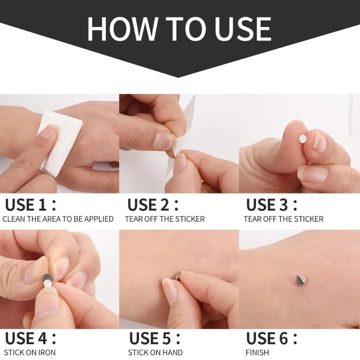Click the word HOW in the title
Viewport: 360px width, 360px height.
[122, 29]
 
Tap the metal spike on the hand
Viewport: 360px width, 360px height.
[300, 279]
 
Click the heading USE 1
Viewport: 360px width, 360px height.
[30, 205]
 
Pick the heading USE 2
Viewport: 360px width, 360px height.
[153, 205]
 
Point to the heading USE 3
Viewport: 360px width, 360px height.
[272, 205]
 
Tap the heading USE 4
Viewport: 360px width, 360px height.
[30, 338]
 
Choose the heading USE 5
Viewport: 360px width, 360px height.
[155, 338]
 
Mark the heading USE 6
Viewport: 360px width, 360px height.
[272, 338]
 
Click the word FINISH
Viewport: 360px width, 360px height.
[257, 352]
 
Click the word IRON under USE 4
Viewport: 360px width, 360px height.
[47, 352]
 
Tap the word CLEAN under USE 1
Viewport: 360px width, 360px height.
[13, 219]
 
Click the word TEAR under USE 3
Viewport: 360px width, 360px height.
[252, 219]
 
